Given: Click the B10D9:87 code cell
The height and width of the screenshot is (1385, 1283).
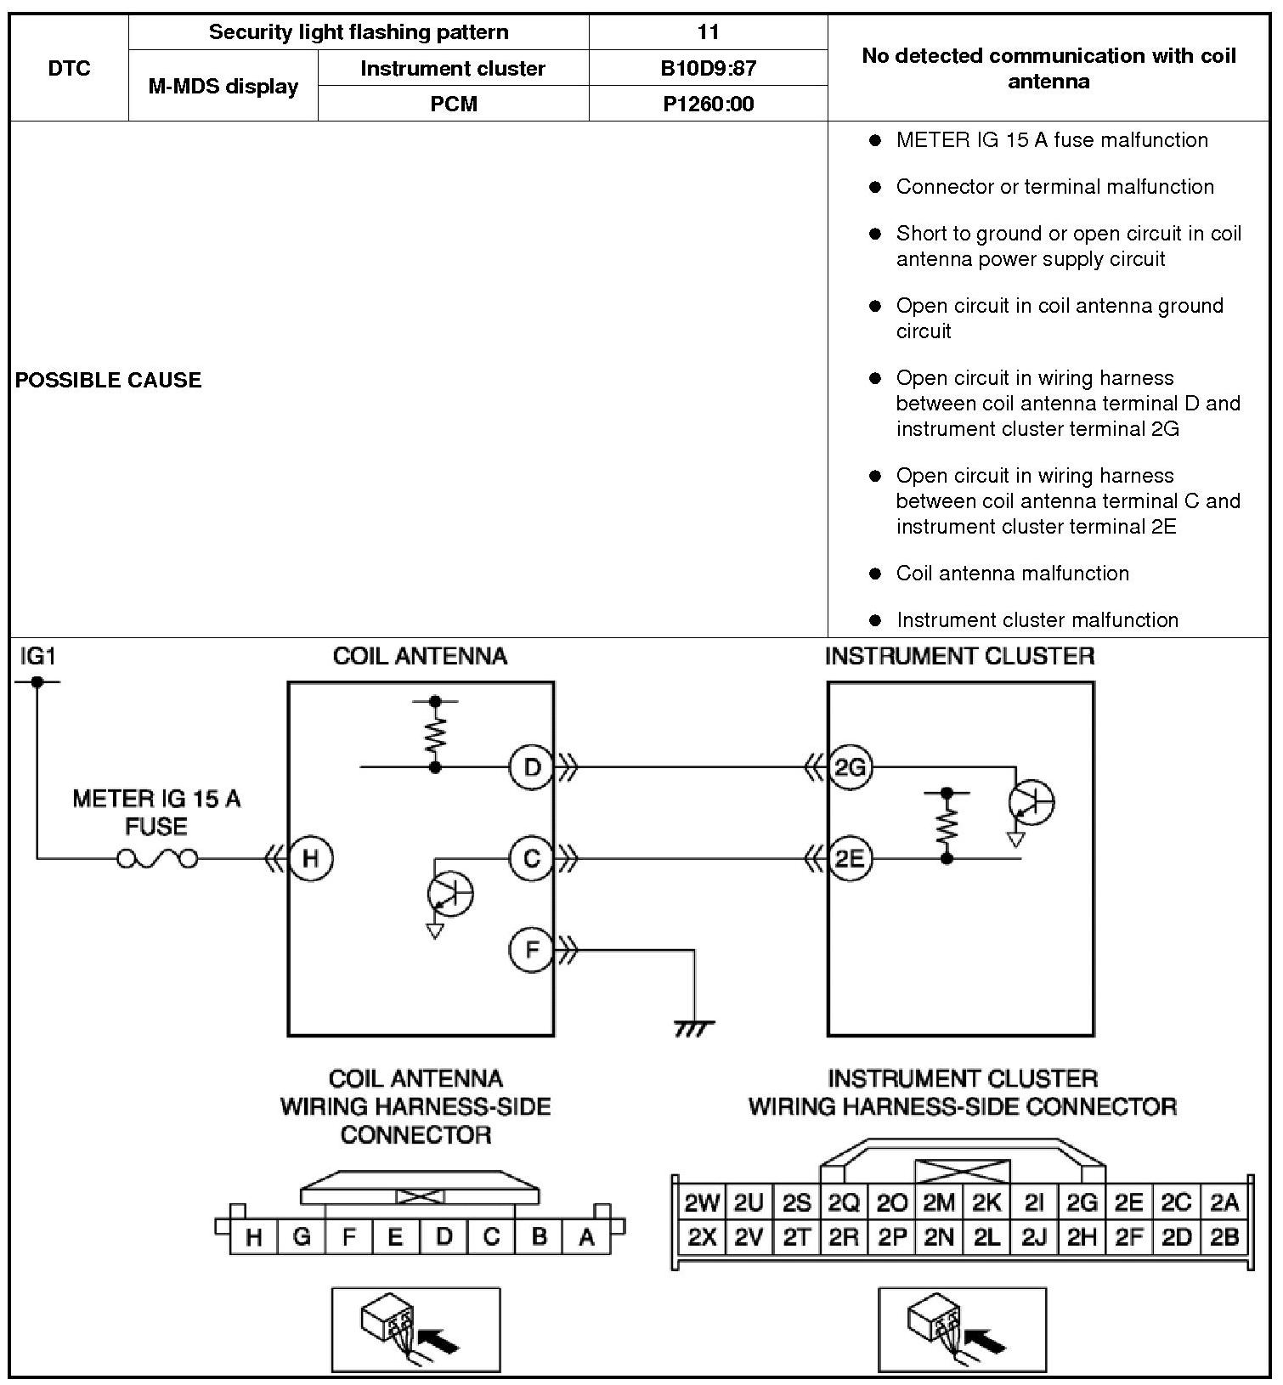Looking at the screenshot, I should point(708,68).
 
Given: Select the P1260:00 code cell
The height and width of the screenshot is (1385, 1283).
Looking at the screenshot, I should point(708,104).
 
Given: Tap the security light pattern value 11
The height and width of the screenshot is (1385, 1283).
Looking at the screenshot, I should point(708,32).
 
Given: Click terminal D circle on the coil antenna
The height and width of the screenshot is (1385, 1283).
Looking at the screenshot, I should point(531,767).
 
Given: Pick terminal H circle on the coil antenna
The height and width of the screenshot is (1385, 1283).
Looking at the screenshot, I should point(310,858).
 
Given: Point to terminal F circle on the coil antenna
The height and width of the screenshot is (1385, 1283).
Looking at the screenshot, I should point(531,949).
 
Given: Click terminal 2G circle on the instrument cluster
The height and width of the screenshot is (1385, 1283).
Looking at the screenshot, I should point(849,767).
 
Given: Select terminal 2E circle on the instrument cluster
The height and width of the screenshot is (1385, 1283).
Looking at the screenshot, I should point(849,858).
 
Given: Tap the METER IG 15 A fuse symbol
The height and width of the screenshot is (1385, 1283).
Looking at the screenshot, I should point(157,859).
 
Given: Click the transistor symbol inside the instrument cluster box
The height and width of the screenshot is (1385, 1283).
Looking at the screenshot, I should point(1030,802).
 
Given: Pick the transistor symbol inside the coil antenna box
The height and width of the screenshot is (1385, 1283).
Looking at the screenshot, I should point(450,894).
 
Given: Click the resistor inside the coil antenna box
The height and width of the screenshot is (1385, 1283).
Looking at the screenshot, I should point(435,735).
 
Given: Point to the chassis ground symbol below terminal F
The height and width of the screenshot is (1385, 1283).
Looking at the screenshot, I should point(693,1028).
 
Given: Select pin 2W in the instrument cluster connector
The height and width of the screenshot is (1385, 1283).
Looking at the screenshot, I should point(702,1202).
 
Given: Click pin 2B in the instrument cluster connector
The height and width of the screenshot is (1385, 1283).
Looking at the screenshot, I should point(1224,1238).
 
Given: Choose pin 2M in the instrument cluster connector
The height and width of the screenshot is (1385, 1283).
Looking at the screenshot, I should point(939,1202).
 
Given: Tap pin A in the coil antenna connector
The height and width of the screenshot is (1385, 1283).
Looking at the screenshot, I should point(586,1237).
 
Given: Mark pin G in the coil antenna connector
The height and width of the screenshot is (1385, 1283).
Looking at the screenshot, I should point(301,1237).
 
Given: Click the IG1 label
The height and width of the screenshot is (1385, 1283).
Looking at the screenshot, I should point(37,655).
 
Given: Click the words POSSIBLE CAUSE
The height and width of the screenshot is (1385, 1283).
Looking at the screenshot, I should point(109,380).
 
